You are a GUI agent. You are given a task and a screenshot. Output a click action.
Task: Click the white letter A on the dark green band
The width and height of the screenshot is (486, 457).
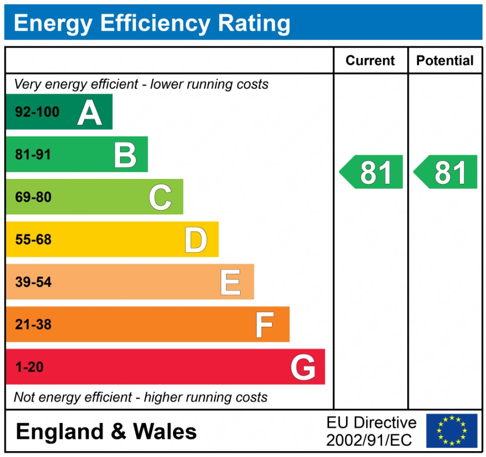pos(89,113)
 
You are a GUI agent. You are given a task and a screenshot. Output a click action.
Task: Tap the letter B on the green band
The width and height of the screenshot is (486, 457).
pos(125,155)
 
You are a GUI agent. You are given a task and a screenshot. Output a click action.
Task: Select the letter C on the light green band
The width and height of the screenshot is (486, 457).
pos(160,197)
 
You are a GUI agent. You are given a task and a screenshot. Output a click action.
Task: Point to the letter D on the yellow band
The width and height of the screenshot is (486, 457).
pos(196,240)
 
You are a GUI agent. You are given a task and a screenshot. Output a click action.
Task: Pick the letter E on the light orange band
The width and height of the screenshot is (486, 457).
pos(230,282)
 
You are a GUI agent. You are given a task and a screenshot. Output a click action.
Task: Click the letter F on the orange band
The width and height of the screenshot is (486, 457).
pos(264,325)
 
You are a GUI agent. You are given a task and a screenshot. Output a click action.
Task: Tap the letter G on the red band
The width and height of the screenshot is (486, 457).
pos(303,368)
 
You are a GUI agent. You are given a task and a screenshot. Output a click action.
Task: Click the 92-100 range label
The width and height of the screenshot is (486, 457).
pos(37,113)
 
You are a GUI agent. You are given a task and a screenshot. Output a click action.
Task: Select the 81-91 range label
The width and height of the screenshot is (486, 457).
pos(33,155)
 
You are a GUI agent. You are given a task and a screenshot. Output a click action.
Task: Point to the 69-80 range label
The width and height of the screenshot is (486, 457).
pos(33,197)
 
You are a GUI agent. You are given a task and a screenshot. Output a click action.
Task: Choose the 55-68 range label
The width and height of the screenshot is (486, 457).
pos(33,240)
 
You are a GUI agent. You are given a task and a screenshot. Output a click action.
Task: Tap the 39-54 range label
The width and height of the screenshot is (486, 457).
pos(33,282)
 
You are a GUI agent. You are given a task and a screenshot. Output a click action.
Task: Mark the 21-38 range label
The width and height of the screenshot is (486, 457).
pos(33,325)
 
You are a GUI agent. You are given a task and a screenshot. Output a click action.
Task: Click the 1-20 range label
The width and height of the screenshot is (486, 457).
pos(29,368)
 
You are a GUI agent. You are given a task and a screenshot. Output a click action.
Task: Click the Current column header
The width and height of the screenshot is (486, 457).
pos(370,61)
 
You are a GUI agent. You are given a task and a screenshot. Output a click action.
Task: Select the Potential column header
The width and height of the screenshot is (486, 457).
pos(445,61)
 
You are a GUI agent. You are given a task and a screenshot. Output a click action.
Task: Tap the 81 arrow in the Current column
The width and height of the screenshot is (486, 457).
pos(372,172)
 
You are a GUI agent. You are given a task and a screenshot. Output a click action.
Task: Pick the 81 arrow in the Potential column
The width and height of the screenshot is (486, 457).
pos(446,172)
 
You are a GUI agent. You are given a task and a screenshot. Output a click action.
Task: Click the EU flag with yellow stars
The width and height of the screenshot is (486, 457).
pos(452,431)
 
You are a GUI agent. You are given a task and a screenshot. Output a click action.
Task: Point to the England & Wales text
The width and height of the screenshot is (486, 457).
pos(106,431)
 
